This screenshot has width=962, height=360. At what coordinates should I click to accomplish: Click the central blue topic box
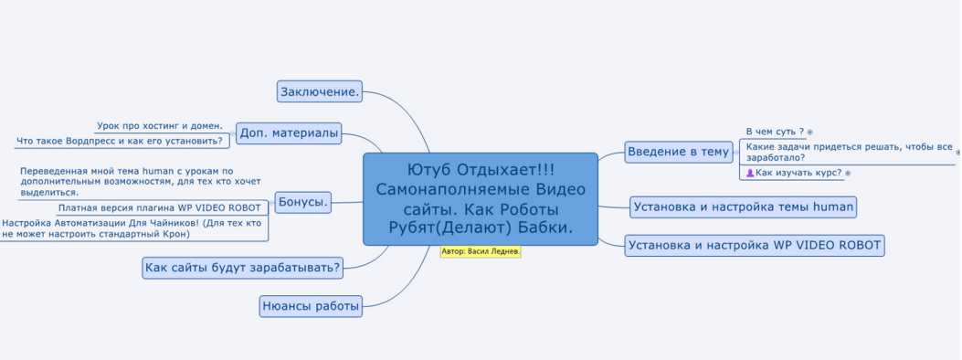tap(481, 199)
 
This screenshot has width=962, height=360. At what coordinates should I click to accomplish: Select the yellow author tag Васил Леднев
tap(481, 251)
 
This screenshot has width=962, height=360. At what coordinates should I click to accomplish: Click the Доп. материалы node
tap(289, 133)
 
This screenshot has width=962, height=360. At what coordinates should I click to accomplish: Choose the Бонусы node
tap(303, 202)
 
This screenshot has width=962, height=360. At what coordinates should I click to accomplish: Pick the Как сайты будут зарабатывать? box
tap(242, 268)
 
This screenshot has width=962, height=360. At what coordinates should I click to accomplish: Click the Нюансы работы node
tap(311, 306)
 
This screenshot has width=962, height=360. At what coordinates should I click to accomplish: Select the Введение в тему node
tap(679, 152)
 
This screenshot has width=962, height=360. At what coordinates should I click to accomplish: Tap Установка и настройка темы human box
tap(744, 206)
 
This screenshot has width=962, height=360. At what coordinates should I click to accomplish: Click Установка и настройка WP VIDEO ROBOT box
tap(755, 245)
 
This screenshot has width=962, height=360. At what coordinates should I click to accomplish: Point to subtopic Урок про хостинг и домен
tap(160, 126)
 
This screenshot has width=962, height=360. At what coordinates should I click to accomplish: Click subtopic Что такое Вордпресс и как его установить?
tap(120, 142)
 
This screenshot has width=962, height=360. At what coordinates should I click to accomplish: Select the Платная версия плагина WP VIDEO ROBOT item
tap(159, 207)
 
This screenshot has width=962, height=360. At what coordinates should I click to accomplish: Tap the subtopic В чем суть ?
tap(775, 132)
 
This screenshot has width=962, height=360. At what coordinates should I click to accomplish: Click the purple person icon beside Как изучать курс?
tap(750, 173)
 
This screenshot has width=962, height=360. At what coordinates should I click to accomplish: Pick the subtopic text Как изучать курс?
tap(798, 173)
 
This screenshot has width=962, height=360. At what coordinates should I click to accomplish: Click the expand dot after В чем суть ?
tap(809, 132)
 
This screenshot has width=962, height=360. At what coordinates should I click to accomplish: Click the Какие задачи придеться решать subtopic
tap(849, 152)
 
